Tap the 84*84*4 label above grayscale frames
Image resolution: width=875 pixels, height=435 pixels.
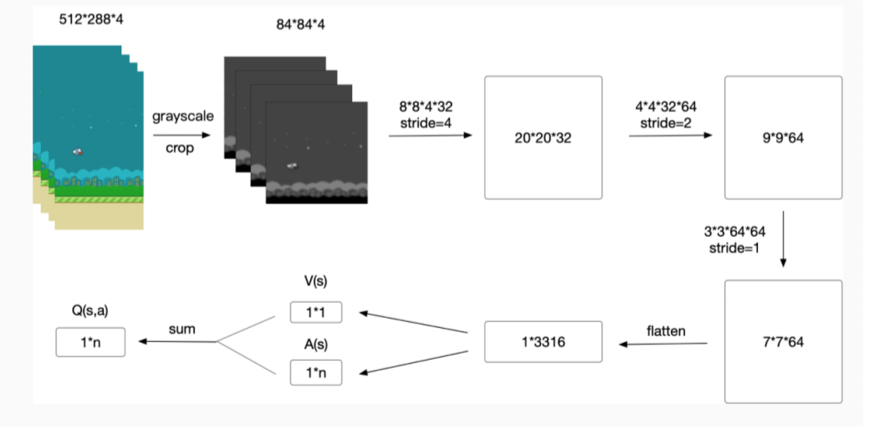304,25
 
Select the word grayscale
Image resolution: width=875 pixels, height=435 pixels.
182,116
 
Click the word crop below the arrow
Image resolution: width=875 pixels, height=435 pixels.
180,147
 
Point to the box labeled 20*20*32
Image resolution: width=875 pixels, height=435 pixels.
543,138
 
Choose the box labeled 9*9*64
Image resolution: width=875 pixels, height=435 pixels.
783,138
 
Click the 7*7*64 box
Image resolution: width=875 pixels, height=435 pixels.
783,342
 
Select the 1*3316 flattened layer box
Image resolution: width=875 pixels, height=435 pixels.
543,342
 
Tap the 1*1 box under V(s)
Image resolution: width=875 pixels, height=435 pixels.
316,313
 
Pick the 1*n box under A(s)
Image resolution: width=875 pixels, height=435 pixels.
316,371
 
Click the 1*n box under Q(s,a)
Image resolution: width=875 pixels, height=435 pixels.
90,342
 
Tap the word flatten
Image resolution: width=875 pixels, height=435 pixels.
666,331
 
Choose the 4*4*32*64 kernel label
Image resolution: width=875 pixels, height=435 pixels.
666,107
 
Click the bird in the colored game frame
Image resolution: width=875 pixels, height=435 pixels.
78,151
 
